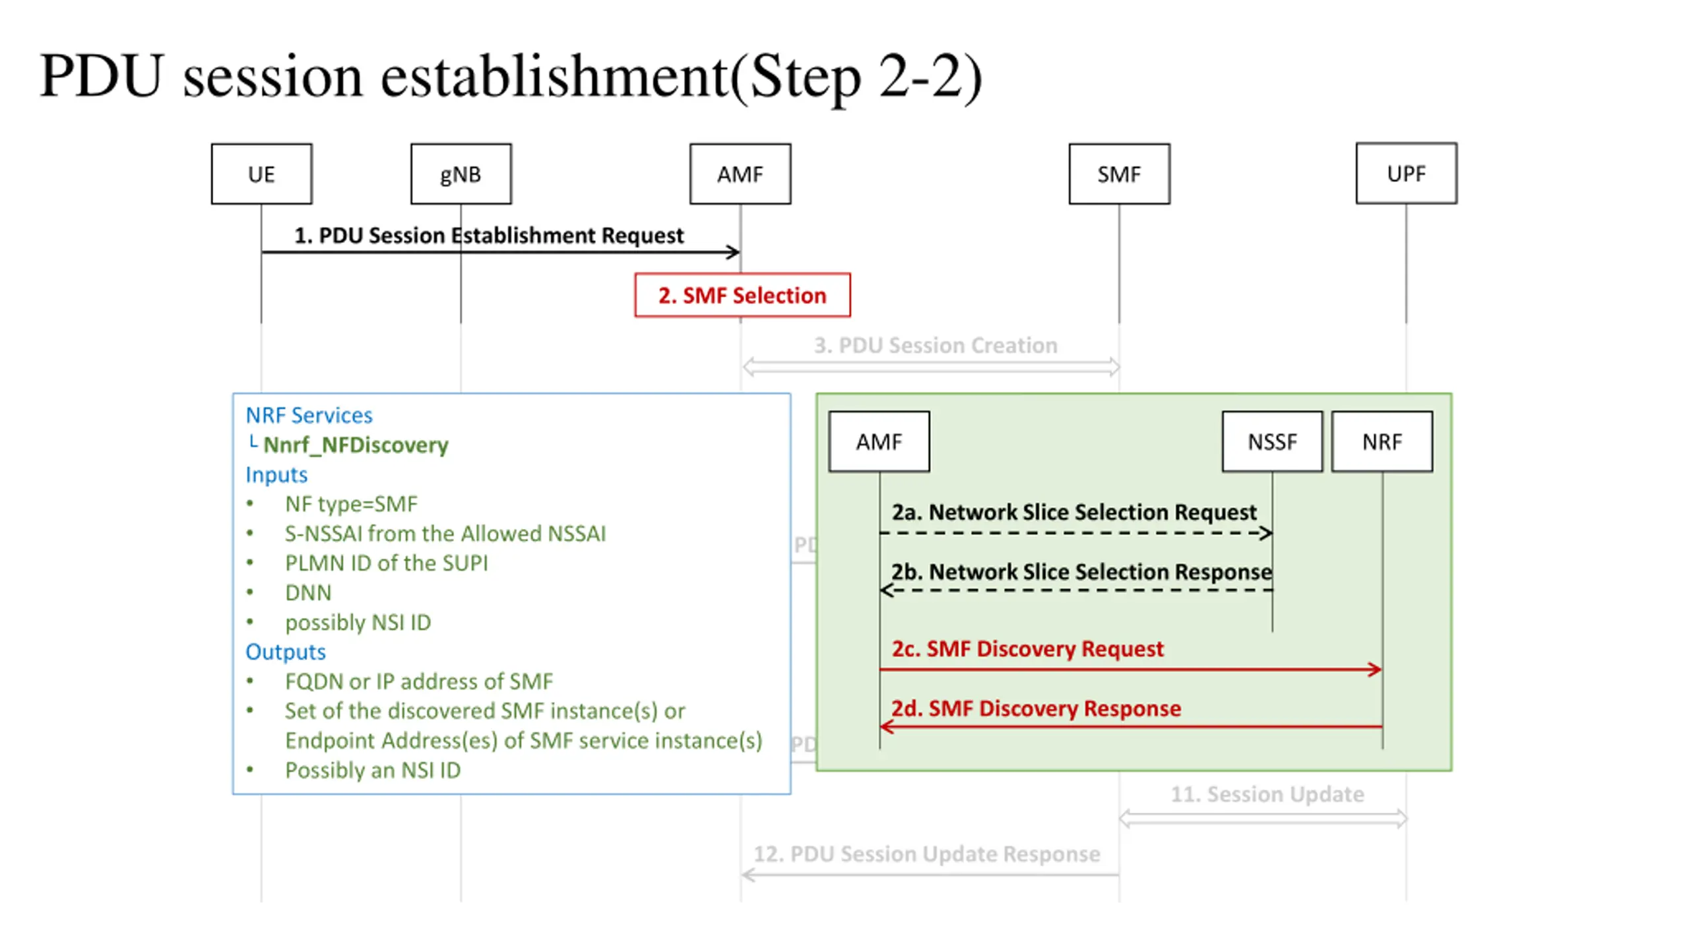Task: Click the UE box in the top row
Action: point(261,174)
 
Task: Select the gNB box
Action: point(461,174)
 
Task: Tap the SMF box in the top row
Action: point(1119,174)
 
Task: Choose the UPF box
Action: point(1406,173)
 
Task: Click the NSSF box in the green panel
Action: point(1272,441)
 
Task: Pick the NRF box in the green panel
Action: point(1382,441)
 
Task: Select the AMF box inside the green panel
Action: point(879,441)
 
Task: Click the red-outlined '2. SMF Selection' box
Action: point(742,295)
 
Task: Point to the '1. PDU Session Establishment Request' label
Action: point(488,236)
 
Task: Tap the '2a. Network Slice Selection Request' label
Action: point(1074,512)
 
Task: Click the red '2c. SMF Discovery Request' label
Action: point(1027,649)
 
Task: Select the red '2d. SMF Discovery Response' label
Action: point(1036,708)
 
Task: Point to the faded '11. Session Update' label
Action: point(1267,794)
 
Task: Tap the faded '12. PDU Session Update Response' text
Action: point(926,854)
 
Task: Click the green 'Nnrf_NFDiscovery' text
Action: point(356,445)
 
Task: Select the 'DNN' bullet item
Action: point(308,592)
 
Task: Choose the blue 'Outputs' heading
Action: point(285,652)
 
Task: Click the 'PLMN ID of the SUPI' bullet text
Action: point(386,563)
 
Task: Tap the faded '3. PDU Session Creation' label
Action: point(935,345)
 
